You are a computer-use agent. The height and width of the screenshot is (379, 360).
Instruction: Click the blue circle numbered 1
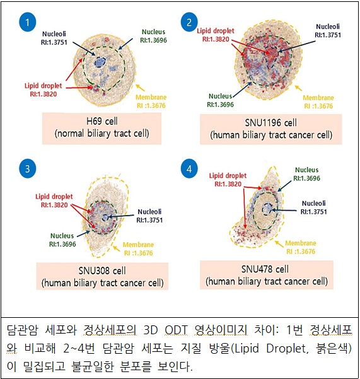click(x=28, y=22)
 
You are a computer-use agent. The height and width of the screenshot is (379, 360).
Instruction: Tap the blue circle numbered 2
click(x=189, y=22)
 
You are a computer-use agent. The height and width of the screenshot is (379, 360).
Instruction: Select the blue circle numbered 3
click(x=28, y=168)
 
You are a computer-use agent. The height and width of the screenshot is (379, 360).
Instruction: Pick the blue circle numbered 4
click(x=189, y=168)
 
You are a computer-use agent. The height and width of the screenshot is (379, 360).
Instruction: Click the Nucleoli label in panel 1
click(x=54, y=38)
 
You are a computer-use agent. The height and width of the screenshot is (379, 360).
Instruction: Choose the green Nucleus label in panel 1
click(x=153, y=36)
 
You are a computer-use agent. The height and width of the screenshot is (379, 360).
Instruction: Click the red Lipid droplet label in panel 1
click(x=44, y=90)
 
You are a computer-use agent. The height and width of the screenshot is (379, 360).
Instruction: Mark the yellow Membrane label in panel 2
click(x=318, y=102)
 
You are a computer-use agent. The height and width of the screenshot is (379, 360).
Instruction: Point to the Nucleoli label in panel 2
click(x=328, y=31)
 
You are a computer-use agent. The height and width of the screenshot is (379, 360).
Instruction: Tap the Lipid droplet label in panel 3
click(x=54, y=201)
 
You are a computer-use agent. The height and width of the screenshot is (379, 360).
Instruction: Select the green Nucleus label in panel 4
click(x=306, y=174)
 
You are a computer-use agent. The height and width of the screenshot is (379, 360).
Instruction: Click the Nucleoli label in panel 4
click(x=313, y=207)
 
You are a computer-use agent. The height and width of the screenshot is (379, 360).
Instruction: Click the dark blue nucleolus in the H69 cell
click(x=100, y=62)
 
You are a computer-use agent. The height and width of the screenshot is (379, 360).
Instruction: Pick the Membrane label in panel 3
click(x=139, y=248)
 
